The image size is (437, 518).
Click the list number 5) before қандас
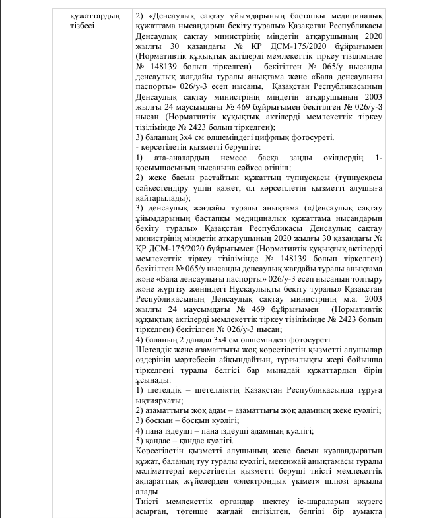[139, 440]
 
